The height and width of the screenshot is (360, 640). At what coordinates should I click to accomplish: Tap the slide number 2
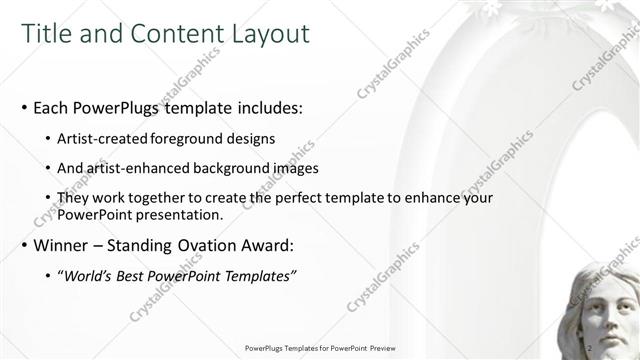(x=589, y=347)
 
